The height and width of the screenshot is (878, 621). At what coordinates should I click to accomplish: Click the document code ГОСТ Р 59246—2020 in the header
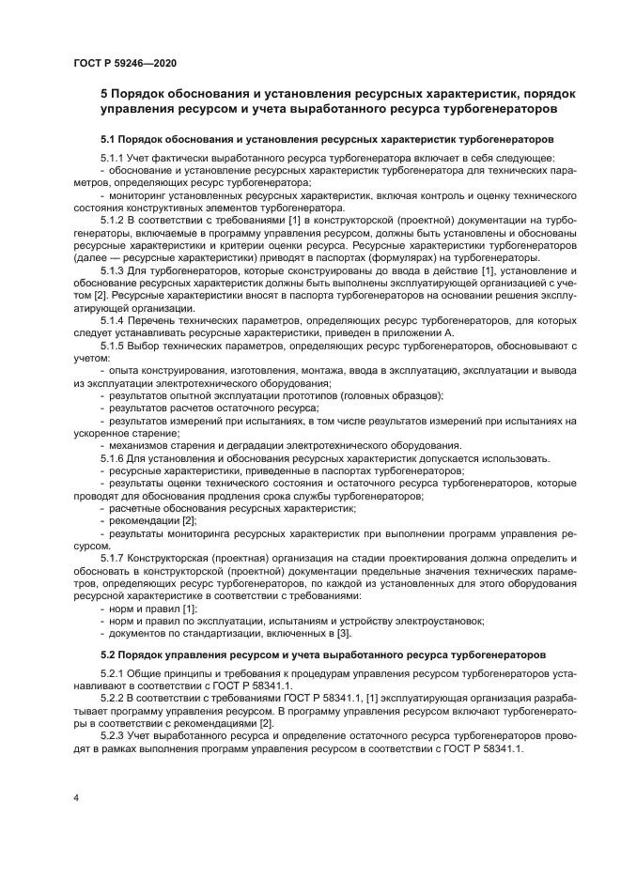click(x=124, y=63)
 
